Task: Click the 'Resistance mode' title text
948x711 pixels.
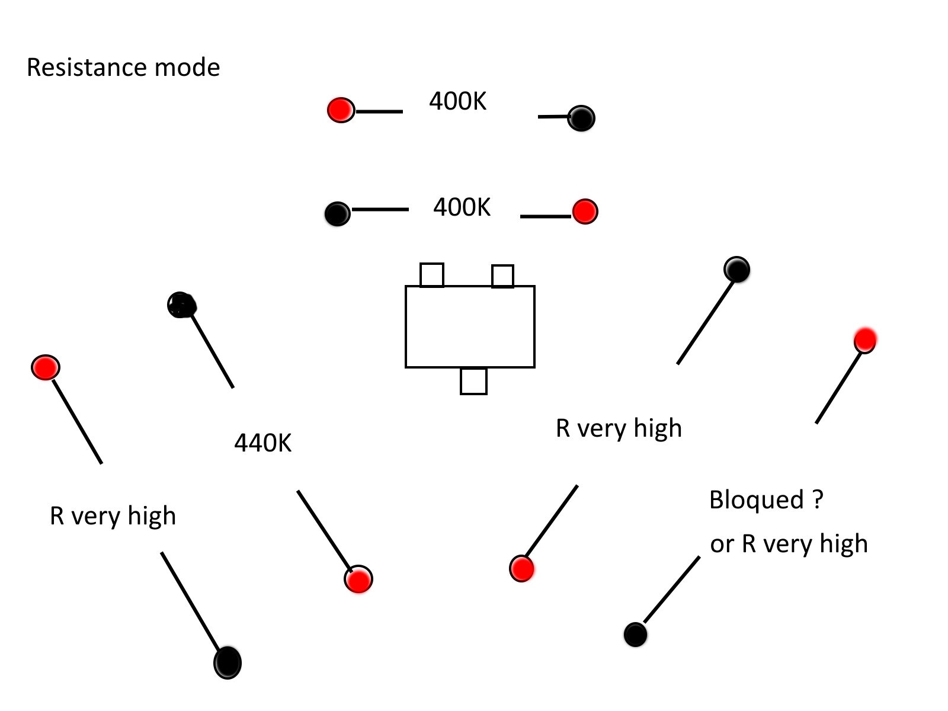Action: click(x=123, y=68)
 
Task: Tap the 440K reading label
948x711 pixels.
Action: click(x=263, y=443)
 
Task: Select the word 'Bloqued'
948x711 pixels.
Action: click(x=757, y=500)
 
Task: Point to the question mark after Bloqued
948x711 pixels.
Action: click(x=818, y=499)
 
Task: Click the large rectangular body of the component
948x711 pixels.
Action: click(x=470, y=326)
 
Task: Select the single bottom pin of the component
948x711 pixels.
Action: click(x=473, y=381)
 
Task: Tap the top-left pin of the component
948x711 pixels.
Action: click(x=432, y=275)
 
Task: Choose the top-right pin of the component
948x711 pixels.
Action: click(x=502, y=276)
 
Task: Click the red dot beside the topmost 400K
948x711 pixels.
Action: click(x=341, y=110)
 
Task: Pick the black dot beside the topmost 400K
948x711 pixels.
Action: click(x=581, y=118)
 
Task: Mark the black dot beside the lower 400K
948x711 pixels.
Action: click(x=338, y=213)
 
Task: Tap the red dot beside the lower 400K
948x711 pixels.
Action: click(x=585, y=212)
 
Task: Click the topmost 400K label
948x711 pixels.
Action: click(x=457, y=101)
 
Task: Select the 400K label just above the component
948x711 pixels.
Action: click(x=462, y=207)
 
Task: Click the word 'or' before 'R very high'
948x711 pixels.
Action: click(x=722, y=545)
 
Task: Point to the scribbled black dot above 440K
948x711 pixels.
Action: click(x=182, y=305)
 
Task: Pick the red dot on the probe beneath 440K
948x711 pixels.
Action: click(x=358, y=579)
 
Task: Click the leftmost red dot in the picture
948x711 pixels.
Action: click(x=46, y=367)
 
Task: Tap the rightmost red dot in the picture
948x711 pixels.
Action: click(x=865, y=340)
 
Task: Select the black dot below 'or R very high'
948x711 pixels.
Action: click(x=635, y=635)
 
